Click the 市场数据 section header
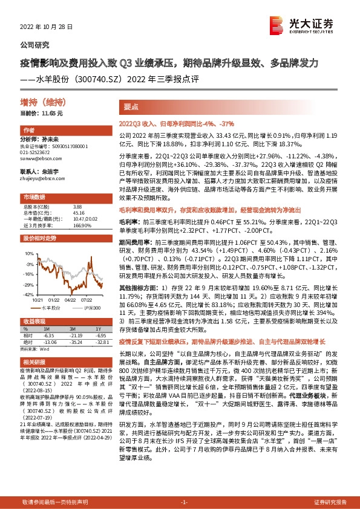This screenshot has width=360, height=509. [x=34, y=197]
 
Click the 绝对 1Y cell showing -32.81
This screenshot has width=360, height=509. [x=100, y=341]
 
